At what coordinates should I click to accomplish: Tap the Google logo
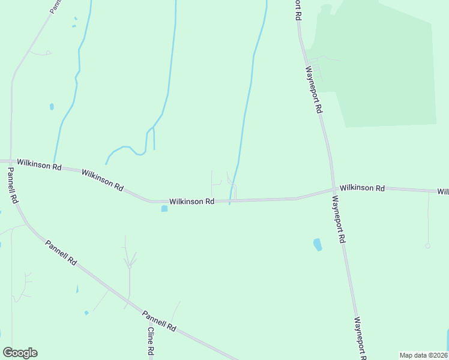pyautogui.click(x=20, y=353)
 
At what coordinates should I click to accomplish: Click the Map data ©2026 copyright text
pyautogui.click(x=424, y=355)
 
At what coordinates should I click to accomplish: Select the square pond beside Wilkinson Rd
pyautogui.click(x=164, y=209)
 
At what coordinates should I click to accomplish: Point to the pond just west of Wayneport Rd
pyautogui.click(x=318, y=245)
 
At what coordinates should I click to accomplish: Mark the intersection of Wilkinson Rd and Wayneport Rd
pyautogui.click(x=333, y=189)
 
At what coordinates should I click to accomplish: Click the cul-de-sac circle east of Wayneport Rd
pyautogui.click(x=427, y=245)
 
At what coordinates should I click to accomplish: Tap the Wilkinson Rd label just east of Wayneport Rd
pyautogui.click(x=362, y=188)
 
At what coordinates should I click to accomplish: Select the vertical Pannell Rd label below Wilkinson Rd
pyautogui.click(x=13, y=185)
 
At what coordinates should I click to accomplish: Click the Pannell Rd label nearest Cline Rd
pyautogui.click(x=159, y=320)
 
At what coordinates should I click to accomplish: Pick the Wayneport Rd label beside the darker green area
pyautogui.click(x=315, y=89)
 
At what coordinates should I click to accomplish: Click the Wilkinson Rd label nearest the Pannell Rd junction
pyautogui.click(x=40, y=164)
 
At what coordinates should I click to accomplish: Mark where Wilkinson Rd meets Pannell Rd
pyautogui.click(x=10, y=162)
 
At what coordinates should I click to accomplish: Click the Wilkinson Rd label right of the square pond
pyautogui.click(x=191, y=202)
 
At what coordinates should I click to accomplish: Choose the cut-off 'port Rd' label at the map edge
pyautogui.click(x=296, y=10)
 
